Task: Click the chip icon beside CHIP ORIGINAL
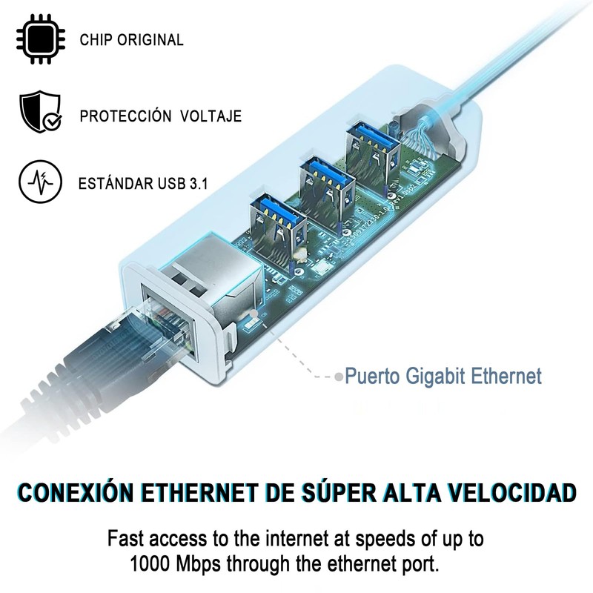click(39, 39)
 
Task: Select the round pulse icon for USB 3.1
click(39, 181)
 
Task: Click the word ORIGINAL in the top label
click(152, 40)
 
